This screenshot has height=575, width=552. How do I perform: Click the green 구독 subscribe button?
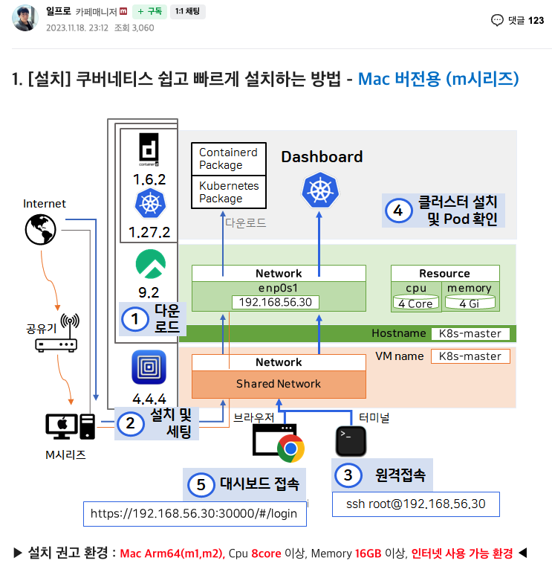tap(150, 12)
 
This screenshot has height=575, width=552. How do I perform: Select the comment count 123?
tap(536, 20)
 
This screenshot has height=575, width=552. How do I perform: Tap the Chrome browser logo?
tap(290, 449)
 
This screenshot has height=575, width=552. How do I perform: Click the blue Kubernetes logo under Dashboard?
tap(320, 190)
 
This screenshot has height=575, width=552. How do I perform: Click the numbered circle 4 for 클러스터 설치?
tap(398, 211)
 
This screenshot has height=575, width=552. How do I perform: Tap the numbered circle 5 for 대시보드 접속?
tap(200, 484)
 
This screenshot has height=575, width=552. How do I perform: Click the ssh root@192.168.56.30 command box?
tap(415, 504)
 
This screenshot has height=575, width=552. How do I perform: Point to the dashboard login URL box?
tap(194, 513)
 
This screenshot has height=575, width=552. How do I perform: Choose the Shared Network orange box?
tap(279, 384)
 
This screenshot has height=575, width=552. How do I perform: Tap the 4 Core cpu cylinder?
tap(415, 303)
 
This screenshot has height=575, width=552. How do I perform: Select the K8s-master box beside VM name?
tap(470, 356)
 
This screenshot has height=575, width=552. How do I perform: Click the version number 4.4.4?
tap(149, 398)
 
